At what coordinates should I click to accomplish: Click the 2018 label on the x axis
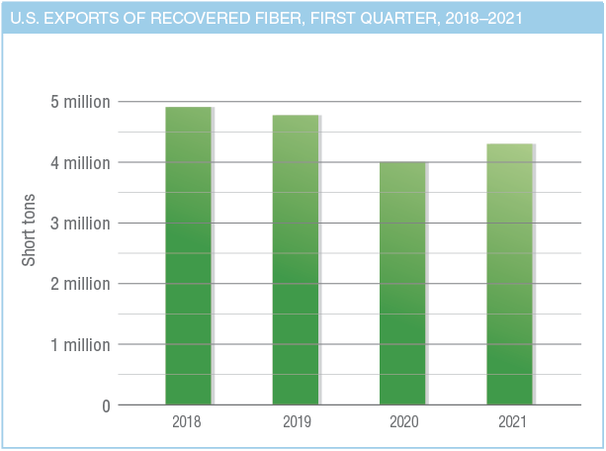click(x=188, y=421)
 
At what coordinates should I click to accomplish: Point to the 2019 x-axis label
click(x=295, y=421)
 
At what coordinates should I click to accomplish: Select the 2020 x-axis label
click(x=402, y=421)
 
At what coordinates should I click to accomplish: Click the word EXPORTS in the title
click(x=83, y=17)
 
